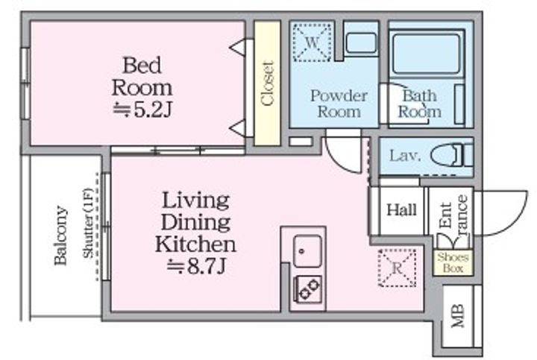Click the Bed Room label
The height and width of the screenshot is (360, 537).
click(142, 77)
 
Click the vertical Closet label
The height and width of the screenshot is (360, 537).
click(268, 83)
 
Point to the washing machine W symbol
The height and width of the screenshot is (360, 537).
click(312, 42)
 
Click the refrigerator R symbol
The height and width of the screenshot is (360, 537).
click(398, 268)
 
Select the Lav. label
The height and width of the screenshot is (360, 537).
click(405, 156)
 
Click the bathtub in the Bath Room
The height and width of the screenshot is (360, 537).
click(426, 53)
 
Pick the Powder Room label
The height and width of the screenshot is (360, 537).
click(339, 104)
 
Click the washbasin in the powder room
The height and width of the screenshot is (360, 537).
click(361, 42)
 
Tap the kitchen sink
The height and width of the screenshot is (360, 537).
click(307, 251)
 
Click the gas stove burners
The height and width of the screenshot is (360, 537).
click(308, 289)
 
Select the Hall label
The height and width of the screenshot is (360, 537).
click(401, 209)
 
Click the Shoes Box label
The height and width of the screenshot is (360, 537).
click(453, 262)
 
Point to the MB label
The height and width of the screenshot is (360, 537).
click(457, 315)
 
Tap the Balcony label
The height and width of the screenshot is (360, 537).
click(60, 236)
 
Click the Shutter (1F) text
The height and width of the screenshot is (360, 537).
click(88, 223)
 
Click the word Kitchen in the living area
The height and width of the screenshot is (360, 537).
click(195, 244)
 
